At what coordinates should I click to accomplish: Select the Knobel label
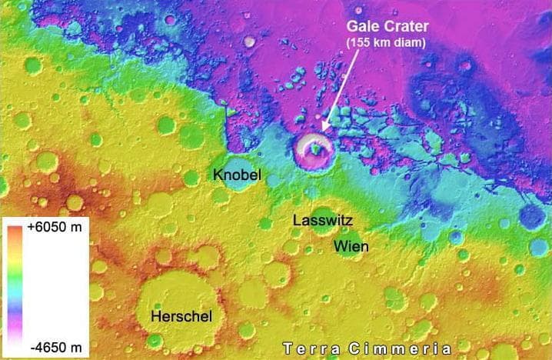tap(237, 175)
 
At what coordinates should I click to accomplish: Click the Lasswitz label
tap(322, 221)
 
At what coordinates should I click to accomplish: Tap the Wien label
tap(350, 246)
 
